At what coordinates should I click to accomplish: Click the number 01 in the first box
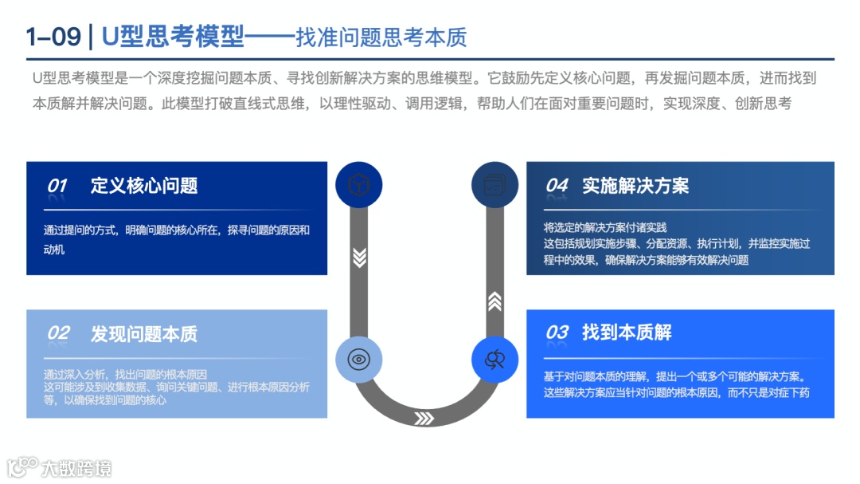point(57,186)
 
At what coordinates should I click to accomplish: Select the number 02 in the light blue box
point(58,333)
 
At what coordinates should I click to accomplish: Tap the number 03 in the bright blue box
point(557,333)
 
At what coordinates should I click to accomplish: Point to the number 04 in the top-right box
point(557,186)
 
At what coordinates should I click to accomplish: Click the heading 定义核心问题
point(144,186)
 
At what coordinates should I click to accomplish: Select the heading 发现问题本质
point(144,333)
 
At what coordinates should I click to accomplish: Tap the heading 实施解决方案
point(635,186)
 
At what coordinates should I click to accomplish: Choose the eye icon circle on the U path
point(359,360)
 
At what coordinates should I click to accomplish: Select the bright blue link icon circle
point(494,360)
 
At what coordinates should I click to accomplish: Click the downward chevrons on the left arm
point(359,257)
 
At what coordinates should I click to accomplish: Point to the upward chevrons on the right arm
point(494,301)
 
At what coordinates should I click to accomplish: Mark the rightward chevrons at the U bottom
point(424,418)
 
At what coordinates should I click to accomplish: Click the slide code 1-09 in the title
point(53,37)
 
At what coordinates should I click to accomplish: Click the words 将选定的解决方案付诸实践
point(605,227)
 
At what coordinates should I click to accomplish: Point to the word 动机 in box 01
point(54,250)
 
